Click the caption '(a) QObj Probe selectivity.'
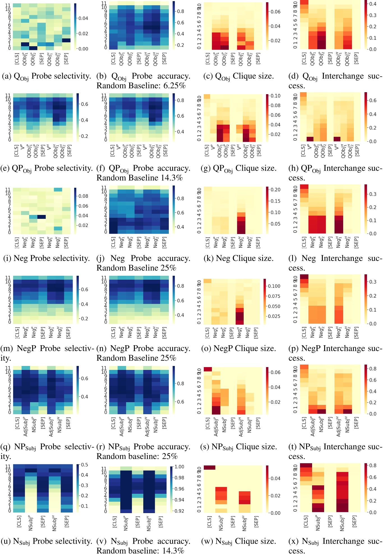(x=47, y=76)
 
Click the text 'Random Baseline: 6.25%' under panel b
(x=141, y=86)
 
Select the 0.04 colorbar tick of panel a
(x=83, y=18)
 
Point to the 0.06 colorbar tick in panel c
(x=275, y=12)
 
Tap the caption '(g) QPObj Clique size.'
(x=239, y=168)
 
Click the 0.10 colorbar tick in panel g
(x=275, y=96)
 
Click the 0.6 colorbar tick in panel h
(x=373, y=101)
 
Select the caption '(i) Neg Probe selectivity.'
(x=47, y=258)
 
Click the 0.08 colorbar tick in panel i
(x=83, y=196)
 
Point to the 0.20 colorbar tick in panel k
(x=275, y=190)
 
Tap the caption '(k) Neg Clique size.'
(x=239, y=258)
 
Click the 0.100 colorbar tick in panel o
(x=274, y=286)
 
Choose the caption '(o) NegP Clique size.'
(x=239, y=349)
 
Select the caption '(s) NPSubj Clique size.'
(x=239, y=447)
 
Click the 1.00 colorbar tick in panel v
(x=179, y=467)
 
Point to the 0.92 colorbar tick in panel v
(x=179, y=511)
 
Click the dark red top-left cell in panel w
(x=209, y=467)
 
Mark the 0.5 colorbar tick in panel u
(x=84, y=465)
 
